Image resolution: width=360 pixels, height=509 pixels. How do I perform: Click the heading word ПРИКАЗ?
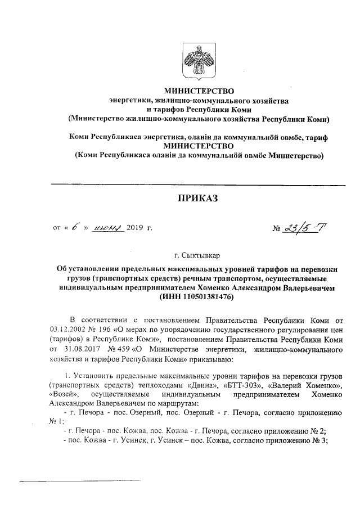point(197,197)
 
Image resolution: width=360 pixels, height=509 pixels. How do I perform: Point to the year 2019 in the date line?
point(135,228)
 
